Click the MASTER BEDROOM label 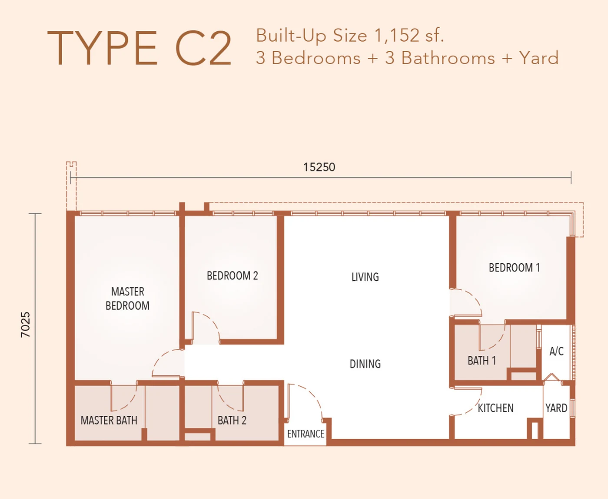(x=127, y=299)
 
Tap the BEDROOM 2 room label (x=232, y=276)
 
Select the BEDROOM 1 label (x=514, y=268)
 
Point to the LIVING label (x=365, y=277)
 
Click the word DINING (x=365, y=364)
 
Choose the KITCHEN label (x=495, y=408)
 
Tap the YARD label (x=556, y=408)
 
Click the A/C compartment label (x=556, y=351)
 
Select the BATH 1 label (x=482, y=361)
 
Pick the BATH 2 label (x=232, y=420)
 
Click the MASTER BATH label (x=109, y=420)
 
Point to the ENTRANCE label (x=306, y=434)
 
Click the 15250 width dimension (x=319, y=167)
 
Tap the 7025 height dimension (x=25, y=325)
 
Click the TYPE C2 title (x=139, y=49)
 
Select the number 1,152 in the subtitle (x=397, y=36)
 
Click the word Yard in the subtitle (x=539, y=58)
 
